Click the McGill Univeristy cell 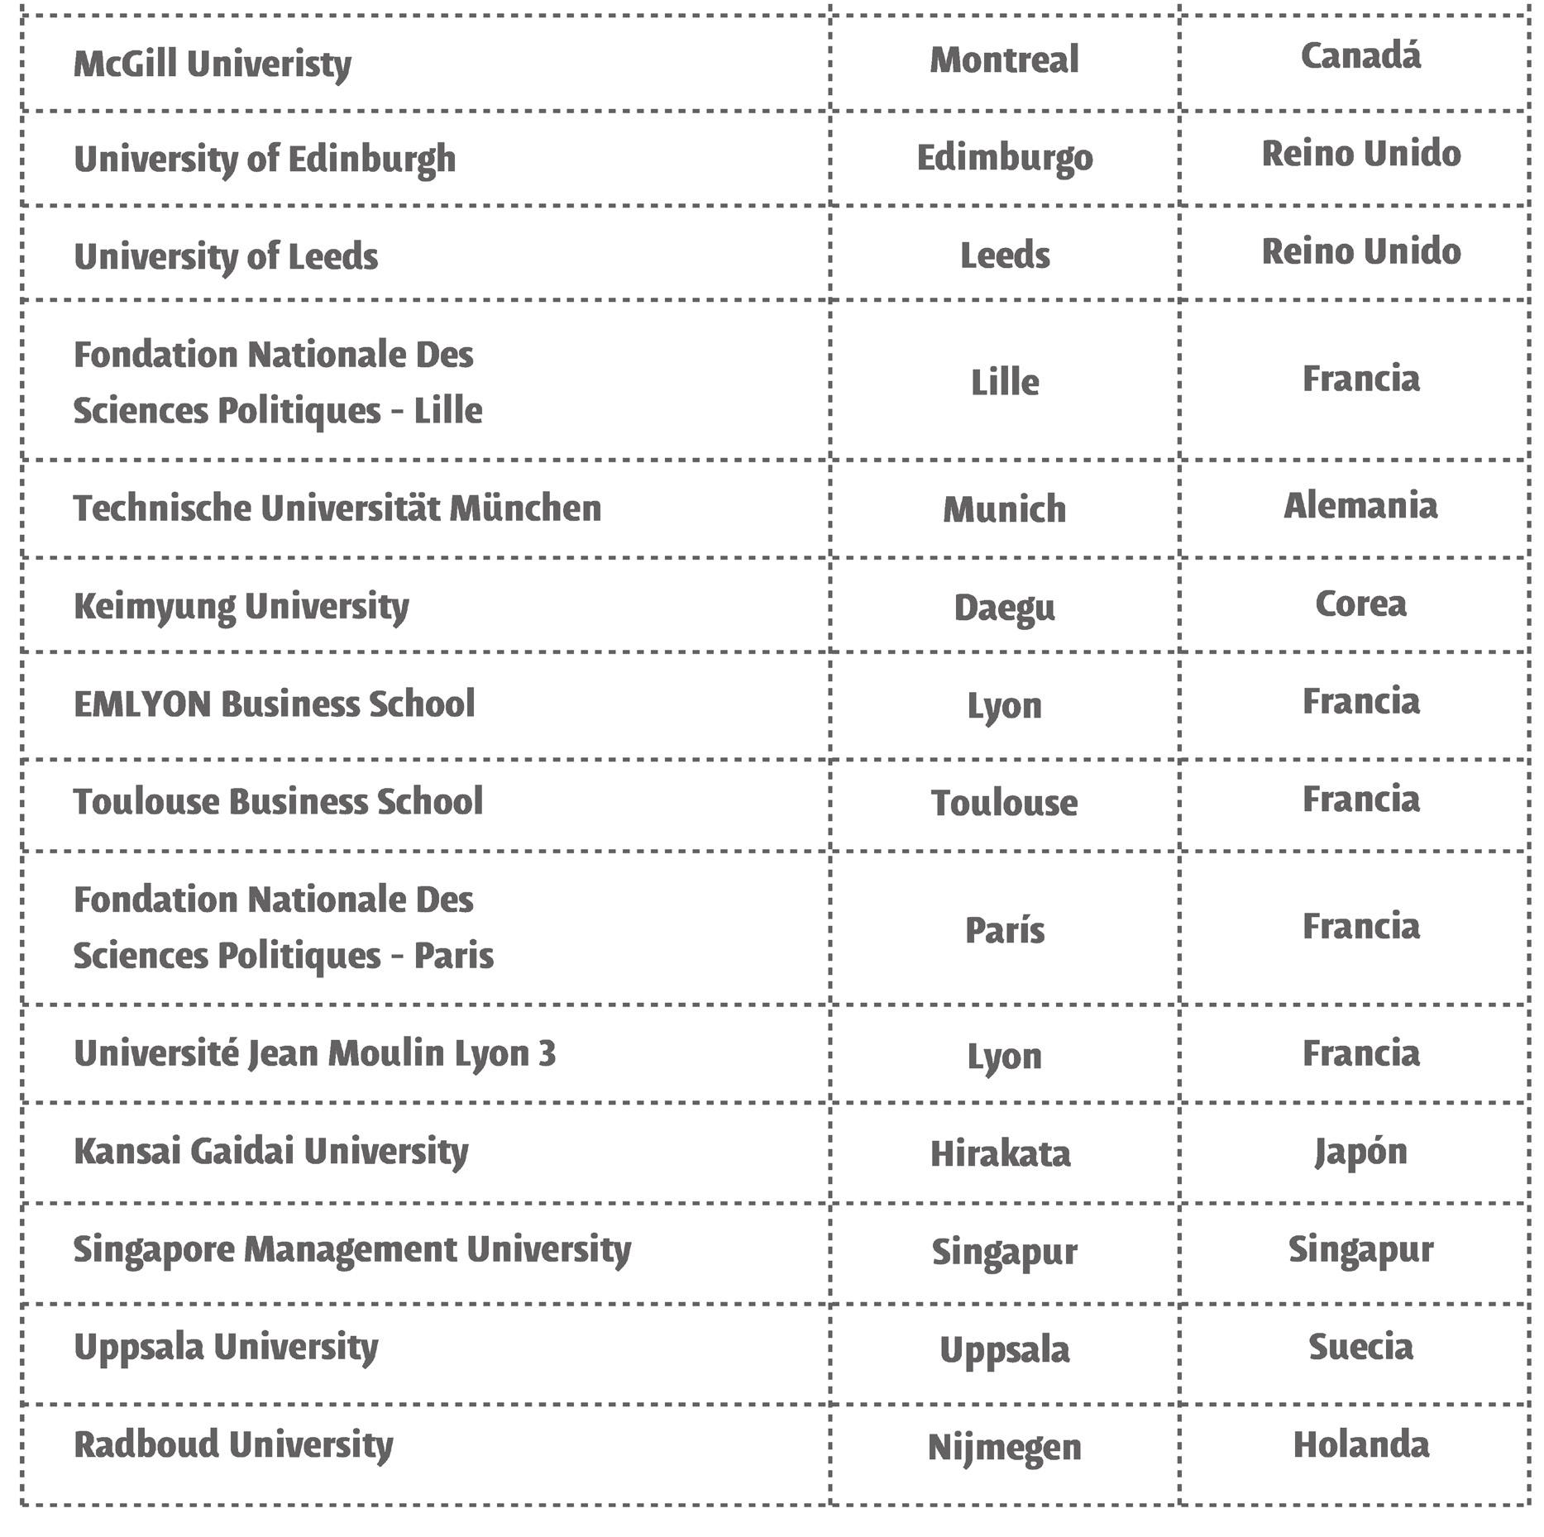click(213, 64)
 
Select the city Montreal click(1004, 60)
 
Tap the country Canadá click(1360, 56)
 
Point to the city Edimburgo click(1005, 158)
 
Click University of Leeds click(226, 256)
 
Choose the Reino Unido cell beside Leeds click(1360, 251)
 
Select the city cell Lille click(1004, 383)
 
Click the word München click(525, 508)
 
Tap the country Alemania click(1360, 506)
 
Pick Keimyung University click(241, 607)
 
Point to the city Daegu click(1004, 609)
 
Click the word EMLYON click(142, 704)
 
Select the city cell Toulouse click(1004, 803)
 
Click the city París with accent click(1004, 931)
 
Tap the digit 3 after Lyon click(547, 1053)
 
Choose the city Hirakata click(1000, 1153)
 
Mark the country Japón click(1360, 1152)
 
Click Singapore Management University click(352, 1249)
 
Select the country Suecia click(1360, 1347)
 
